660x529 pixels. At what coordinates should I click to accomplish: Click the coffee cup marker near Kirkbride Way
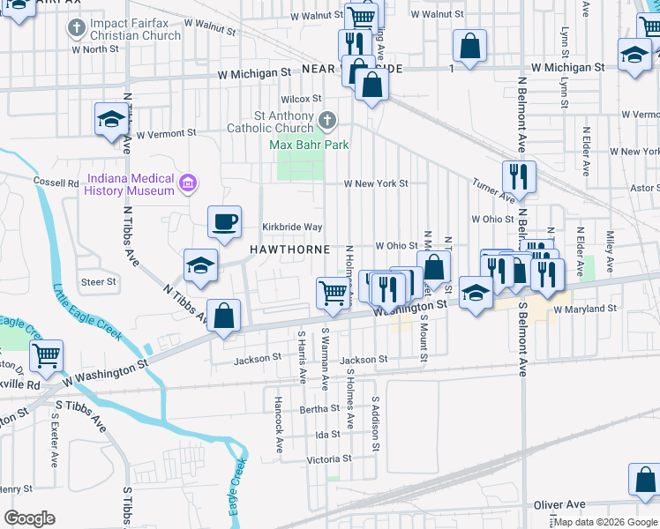coord(224,222)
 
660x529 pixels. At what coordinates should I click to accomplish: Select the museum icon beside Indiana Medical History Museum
coord(186,183)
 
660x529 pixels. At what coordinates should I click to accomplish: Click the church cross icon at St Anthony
coord(326,120)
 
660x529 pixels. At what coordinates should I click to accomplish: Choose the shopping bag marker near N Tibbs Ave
coord(224,317)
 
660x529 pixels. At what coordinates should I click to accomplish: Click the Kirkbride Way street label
coord(292,227)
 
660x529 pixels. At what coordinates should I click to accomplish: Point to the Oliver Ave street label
coord(559,504)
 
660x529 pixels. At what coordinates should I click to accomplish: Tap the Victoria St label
coord(329,458)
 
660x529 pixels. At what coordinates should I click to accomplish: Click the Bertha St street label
coord(313,409)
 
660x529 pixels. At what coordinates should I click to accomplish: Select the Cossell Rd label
coord(56,182)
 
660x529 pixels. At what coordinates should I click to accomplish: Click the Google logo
coord(29,518)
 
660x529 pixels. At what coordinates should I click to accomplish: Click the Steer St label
coord(99,282)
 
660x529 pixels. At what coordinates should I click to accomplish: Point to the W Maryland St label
coord(584,309)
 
